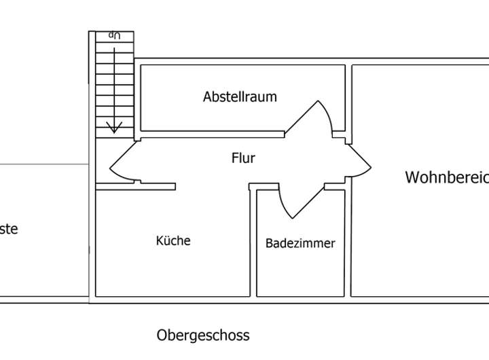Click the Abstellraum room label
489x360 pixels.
[x=240, y=96]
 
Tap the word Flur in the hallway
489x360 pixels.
[x=243, y=158]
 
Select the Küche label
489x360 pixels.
[x=173, y=240]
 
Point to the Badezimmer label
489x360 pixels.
[x=300, y=243]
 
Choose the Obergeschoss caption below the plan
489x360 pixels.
[x=203, y=335]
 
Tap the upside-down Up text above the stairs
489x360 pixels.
[x=114, y=35]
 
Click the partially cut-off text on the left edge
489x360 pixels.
[x=8, y=229]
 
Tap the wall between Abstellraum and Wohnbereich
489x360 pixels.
[x=349, y=95]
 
